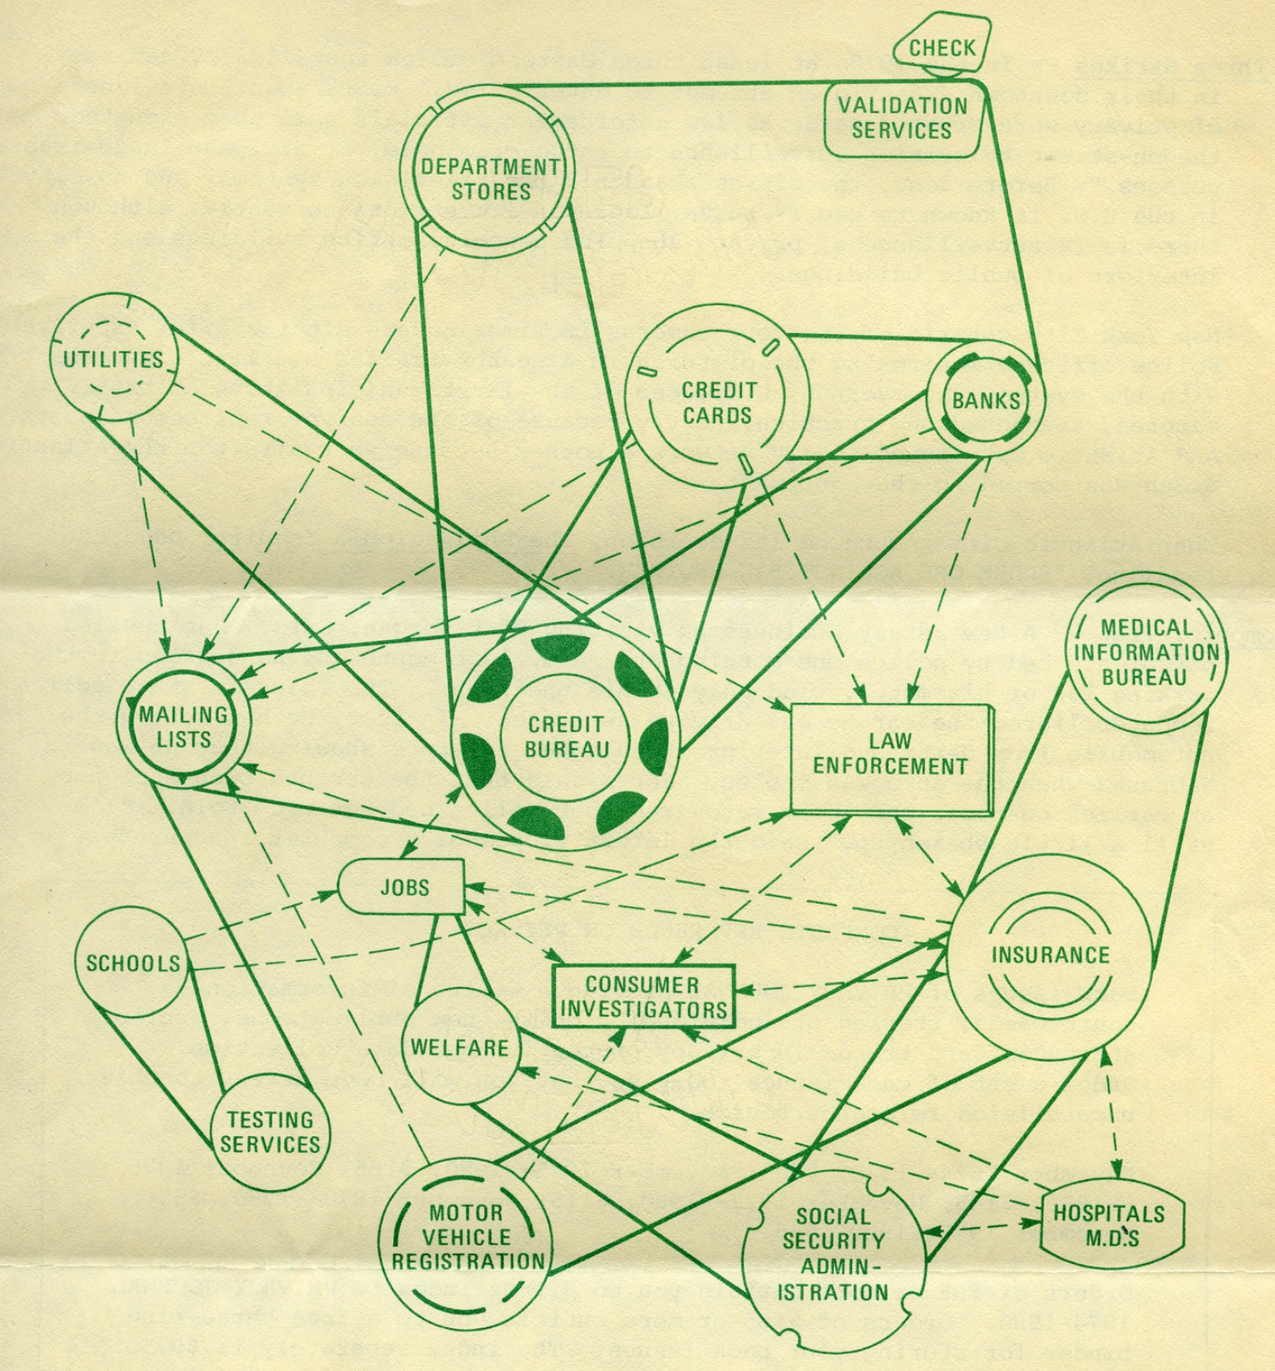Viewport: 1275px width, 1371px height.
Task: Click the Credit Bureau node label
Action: point(566,737)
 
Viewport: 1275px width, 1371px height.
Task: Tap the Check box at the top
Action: point(941,48)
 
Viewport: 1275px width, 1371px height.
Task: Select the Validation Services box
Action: point(902,118)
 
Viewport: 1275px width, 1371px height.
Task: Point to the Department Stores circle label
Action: point(490,178)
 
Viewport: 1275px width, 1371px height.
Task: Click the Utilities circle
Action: point(113,359)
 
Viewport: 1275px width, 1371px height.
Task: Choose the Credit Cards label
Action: point(717,402)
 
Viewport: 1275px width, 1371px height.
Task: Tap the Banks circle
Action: point(986,401)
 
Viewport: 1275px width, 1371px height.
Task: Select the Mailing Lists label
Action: point(184,727)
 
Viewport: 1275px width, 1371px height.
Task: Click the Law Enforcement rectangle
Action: point(889,754)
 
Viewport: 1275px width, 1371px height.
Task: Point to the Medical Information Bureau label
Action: point(1145,652)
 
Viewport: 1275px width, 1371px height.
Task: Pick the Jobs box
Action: point(403,887)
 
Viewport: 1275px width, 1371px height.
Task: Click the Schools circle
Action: point(133,963)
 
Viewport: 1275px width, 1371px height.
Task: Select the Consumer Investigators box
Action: point(644,997)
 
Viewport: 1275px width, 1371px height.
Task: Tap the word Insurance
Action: point(1050,955)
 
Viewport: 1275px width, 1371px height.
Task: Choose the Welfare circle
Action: point(460,1048)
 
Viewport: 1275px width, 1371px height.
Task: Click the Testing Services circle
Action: point(270,1132)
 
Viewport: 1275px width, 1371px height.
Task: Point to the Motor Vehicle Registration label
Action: point(468,1237)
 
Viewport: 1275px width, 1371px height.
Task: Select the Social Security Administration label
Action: point(833,1253)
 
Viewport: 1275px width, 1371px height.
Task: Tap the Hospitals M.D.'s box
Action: point(1110,1224)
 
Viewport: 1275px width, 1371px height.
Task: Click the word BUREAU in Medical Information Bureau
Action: point(1145,677)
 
